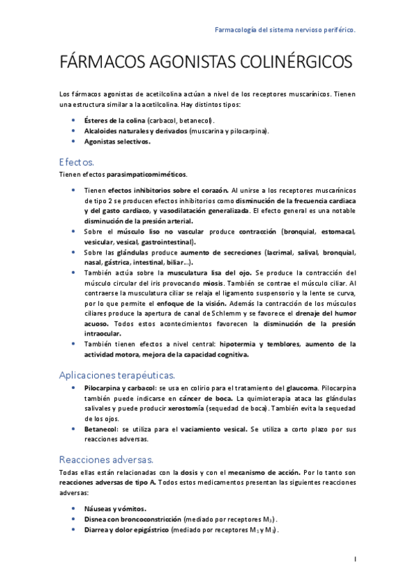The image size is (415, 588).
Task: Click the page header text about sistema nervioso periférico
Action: point(285,31)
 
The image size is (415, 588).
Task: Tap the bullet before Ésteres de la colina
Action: point(74,120)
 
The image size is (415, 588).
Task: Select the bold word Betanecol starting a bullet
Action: point(100,429)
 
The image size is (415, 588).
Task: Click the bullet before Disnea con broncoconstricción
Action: point(74,519)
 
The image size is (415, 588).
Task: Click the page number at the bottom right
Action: point(355,559)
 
